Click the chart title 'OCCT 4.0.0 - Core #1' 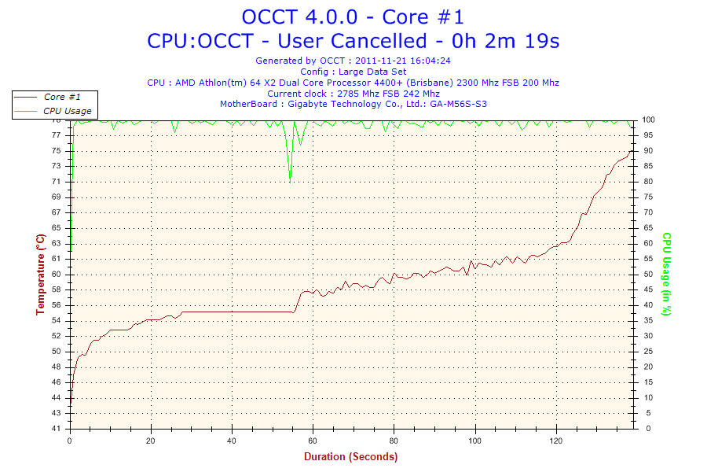[x=353, y=17]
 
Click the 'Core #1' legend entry [x=60, y=97]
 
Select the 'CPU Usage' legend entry [x=67, y=111]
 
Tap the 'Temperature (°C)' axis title [x=40, y=274]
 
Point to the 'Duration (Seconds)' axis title [x=350, y=456]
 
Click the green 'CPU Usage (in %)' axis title [x=666, y=274]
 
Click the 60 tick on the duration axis [x=313, y=441]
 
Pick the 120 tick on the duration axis [x=555, y=441]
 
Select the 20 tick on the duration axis [x=151, y=441]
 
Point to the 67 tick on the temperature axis [x=56, y=212]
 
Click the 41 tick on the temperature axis [x=56, y=429]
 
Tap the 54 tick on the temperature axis [x=56, y=320]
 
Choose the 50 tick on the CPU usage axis [x=649, y=275]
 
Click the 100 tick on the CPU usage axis [x=649, y=120]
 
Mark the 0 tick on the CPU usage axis [x=647, y=429]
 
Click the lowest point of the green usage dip [x=290, y=179]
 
